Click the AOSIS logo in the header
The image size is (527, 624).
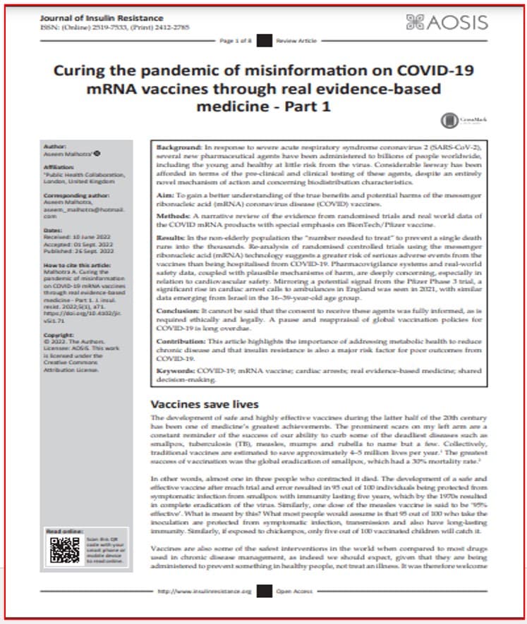point(447,22)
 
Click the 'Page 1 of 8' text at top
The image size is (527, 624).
point(236,42)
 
